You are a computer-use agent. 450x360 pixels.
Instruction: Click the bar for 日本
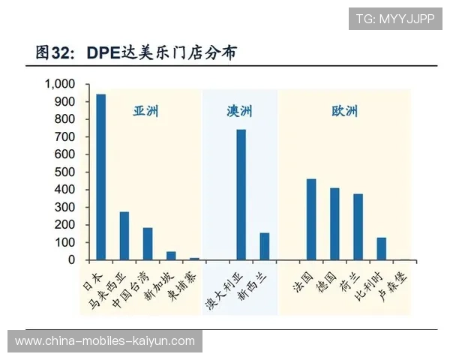(x=100, y=177)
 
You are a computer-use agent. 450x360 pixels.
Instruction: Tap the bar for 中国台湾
(x=148, y=244)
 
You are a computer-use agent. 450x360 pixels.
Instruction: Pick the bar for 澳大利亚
(x=241, y=194)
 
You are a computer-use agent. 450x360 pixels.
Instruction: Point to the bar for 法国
(x=311, y=219)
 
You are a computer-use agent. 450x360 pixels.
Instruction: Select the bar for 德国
(x=334, y=223)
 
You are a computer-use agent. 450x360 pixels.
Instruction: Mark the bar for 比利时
(x=381, y=248)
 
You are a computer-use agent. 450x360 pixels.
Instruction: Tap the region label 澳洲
(x=239, y=112)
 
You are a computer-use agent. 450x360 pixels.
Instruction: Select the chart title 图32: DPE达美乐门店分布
(x=138, y=52)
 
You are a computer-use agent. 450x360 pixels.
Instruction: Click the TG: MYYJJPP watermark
(x=395, y=19)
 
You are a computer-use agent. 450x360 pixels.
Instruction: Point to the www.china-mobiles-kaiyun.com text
(x=105, y=341)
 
